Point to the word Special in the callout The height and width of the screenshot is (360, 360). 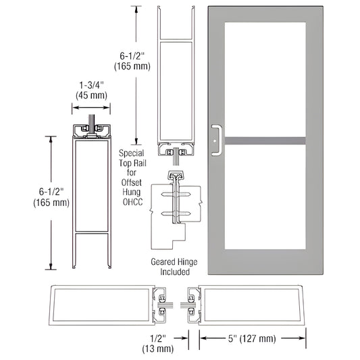tap(130, 153)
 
